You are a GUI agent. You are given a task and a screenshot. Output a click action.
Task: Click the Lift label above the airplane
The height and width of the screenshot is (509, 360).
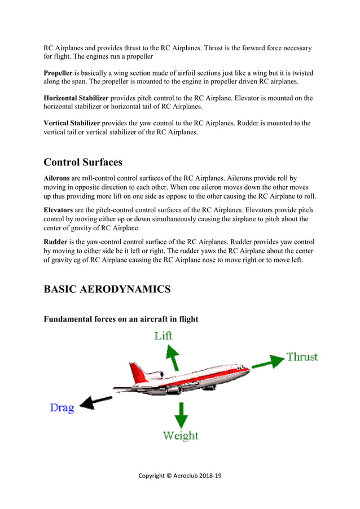tap(164, 336)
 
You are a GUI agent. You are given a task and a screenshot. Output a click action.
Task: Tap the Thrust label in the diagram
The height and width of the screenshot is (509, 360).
tap(302, 357)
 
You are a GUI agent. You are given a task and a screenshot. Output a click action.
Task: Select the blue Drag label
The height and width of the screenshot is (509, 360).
tap(62, 407)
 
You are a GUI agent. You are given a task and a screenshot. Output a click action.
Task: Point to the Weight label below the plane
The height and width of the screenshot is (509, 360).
tap(181, 436)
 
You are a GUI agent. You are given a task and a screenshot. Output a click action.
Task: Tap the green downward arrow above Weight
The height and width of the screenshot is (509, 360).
tap(181, 415)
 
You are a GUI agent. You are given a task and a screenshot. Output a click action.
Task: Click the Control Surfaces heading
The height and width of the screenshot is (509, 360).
tap(83, 162)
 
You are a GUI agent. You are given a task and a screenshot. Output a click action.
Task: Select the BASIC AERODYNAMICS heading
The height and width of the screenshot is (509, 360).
tap(107, 289)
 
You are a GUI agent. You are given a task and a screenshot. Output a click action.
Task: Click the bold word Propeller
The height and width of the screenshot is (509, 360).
tap(58, 73)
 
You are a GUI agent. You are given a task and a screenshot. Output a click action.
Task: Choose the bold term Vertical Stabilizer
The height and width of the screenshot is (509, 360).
tap(72, 123)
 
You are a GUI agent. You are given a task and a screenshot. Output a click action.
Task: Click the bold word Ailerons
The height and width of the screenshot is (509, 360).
tap(57, 178)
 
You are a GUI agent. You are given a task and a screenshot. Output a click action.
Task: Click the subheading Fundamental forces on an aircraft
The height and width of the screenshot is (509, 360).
tap(121, 319)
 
